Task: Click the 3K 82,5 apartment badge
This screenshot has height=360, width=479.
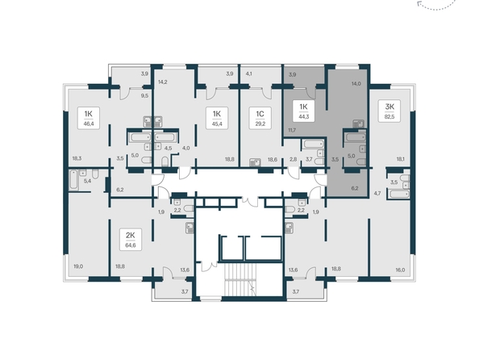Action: tap(389, 111)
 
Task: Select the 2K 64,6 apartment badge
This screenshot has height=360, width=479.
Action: tap(131, 239)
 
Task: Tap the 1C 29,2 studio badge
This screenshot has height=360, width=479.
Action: tap(260, 118)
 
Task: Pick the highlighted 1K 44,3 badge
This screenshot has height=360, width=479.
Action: tap(303, 111)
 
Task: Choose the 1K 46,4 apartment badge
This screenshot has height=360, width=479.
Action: tap(88, 118)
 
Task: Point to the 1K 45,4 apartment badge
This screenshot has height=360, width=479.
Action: tap(217, 118)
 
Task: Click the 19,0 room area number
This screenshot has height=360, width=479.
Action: tap(78, 266)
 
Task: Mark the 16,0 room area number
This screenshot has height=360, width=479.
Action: tap(400, 270)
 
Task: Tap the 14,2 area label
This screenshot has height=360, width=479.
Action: tap(163, 82)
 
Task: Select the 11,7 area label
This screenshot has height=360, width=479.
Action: tap(292, 130)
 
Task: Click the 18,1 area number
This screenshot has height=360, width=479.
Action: tap(401, 159)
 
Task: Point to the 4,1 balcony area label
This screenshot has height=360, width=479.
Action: tap(248, 73)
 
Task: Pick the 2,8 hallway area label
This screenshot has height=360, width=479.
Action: tap(293, 159)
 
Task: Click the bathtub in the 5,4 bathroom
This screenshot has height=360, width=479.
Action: tap(73, 179)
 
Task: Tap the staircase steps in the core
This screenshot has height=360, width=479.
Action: tap(240, 280)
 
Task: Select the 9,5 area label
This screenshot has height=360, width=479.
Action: tap(144, 95)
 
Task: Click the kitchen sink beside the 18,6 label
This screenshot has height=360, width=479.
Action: tap(255, 162)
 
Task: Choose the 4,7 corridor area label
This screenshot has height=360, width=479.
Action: tap(377, 193)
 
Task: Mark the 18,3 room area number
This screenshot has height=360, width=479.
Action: tap(77, 158)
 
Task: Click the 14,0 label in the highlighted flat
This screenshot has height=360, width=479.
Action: tap(356, 83)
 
